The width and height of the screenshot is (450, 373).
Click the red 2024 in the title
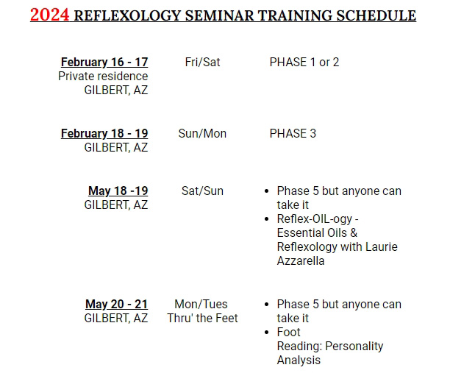tap(50, 15)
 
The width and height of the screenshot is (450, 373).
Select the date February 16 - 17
tap(104, 62)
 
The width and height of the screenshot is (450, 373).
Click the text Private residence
tap(103, 76)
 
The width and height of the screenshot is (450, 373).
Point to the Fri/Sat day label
tap(202, 62)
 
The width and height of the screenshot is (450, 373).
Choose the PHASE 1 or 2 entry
tap(304, 62)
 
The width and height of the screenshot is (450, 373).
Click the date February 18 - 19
tap(104, 133)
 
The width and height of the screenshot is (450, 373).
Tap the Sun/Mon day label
tap(202, 133)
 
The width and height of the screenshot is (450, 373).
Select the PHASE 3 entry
tap(293, 133)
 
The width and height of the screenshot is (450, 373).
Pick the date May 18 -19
tap(118, 191)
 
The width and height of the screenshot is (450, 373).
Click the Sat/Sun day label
tap(202, 191)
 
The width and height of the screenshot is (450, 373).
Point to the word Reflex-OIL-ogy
tap(315, 219)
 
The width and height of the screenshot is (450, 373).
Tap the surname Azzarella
tap(301, 260)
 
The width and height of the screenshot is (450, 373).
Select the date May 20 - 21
tap(116, 304)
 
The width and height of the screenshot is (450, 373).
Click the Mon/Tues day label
tap(201, 304)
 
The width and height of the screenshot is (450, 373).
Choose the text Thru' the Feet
tap(202, 318)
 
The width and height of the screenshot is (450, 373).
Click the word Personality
tap(354, 347)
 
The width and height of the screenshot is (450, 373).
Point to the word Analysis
tap(299, 360)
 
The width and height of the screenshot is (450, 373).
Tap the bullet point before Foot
tap(267, 333)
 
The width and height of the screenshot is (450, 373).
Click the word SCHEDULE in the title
tap(376, 15)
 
